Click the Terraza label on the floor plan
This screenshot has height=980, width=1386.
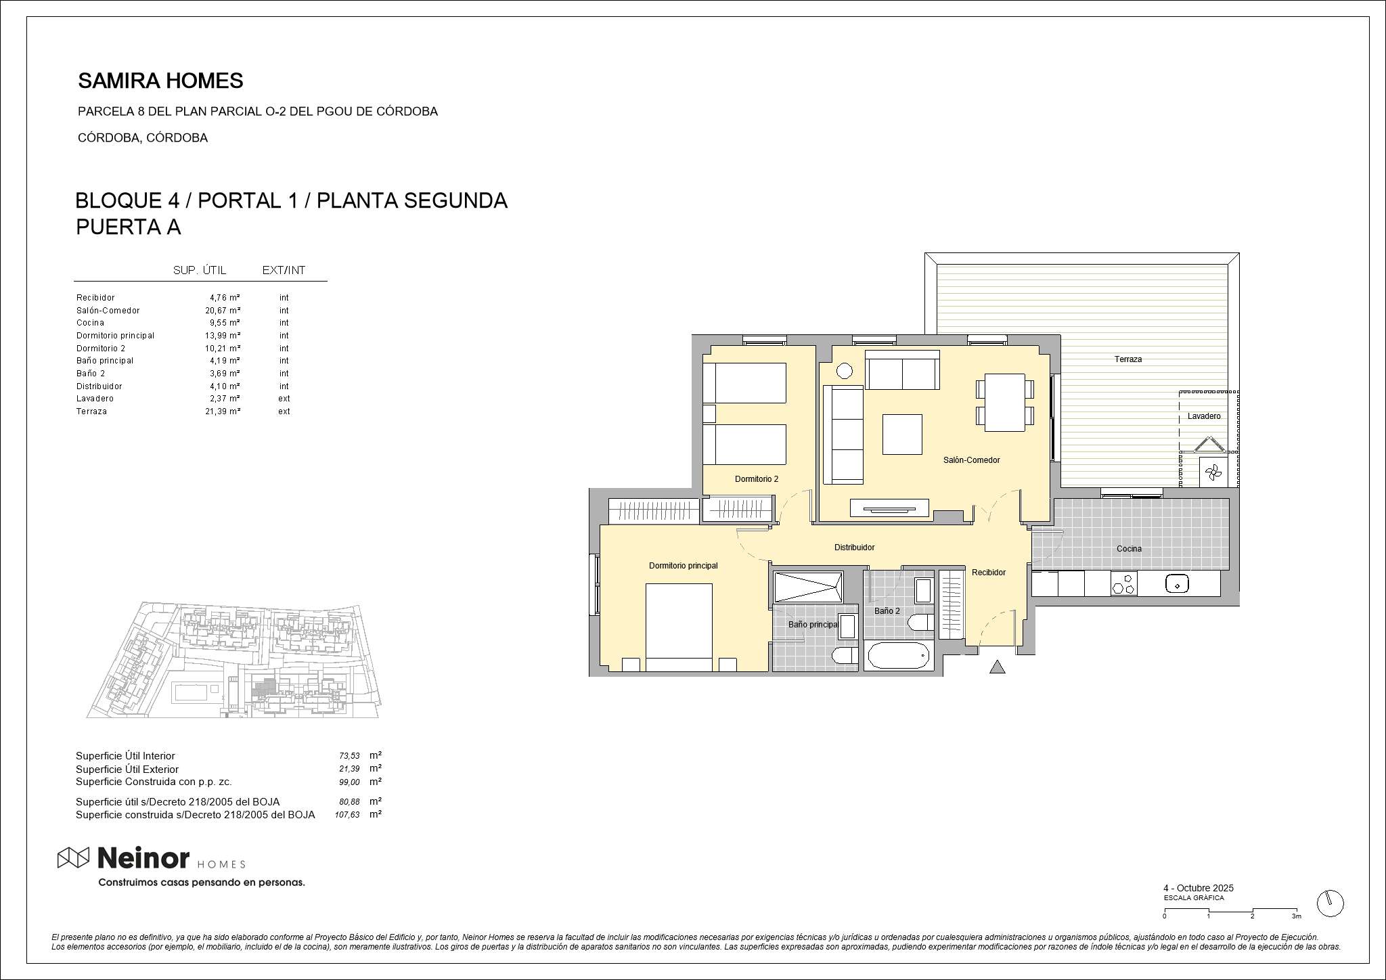coord(1128,359)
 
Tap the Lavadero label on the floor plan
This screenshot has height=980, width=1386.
coord(1204,416)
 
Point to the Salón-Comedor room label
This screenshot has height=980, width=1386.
coord(971,460)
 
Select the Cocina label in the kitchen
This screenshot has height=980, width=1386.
coord(1129,549)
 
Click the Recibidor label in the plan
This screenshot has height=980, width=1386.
coord(989,573)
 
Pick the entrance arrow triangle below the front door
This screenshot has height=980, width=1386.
coord(997,667)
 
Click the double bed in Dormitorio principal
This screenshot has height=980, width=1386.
coord(679,627)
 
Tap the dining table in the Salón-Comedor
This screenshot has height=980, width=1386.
coord(1005,402)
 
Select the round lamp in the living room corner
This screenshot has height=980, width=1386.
coord(844,371)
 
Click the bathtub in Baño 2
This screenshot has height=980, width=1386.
coord(898,655)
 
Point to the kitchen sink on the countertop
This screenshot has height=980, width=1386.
coord(1178,584)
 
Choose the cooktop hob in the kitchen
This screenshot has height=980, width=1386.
coord(1124,583)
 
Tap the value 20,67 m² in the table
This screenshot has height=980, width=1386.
coord(223,311)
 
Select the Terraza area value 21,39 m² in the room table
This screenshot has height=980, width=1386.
coord(223,411)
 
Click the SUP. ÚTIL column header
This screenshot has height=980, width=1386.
coord(200,271)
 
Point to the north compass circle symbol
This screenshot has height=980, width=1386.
coord(1331,903)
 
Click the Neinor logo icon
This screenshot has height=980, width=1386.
coord(73,858)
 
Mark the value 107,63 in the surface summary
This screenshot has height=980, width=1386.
coord(347,816)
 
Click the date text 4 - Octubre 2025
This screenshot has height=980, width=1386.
coord(1199,888)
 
